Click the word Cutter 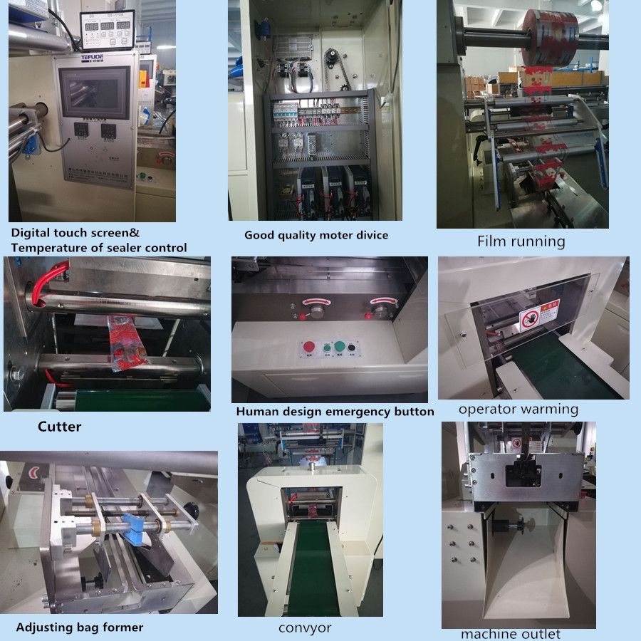(x=59, y=427)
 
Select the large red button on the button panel (x=309, y=348)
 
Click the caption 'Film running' (x=521, y=241)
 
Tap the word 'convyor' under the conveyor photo (x=304, y=627)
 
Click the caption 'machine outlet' (x=510, y=634)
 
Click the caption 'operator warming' (x=518, y=409)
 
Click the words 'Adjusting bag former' (x=79, y=627)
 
